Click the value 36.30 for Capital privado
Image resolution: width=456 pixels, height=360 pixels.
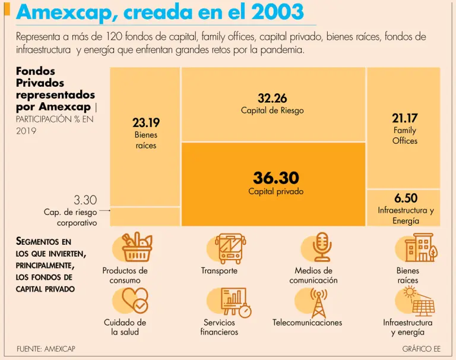tap(275, 178)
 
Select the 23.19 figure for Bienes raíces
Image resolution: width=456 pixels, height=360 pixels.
tap(146, 123)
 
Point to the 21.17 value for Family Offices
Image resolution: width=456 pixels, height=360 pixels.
tap(405, 118)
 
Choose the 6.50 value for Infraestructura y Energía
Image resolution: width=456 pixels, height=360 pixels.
tap(406, 198)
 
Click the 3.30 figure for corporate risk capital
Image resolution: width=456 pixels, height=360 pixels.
tap(85, 200)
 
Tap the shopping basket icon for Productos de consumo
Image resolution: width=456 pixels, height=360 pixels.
tap(137, 248)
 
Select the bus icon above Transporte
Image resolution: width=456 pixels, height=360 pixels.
tap(229, 248)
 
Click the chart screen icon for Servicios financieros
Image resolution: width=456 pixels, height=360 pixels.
tap(233, 302)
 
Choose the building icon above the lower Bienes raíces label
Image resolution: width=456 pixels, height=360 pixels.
tap(419, 248)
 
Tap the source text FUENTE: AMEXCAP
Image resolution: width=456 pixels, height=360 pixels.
tap(46, 349)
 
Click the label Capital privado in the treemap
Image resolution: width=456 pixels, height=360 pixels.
tap(275, 192)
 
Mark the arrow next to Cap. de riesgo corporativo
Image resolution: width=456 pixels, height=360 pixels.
tap(104, 210)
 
